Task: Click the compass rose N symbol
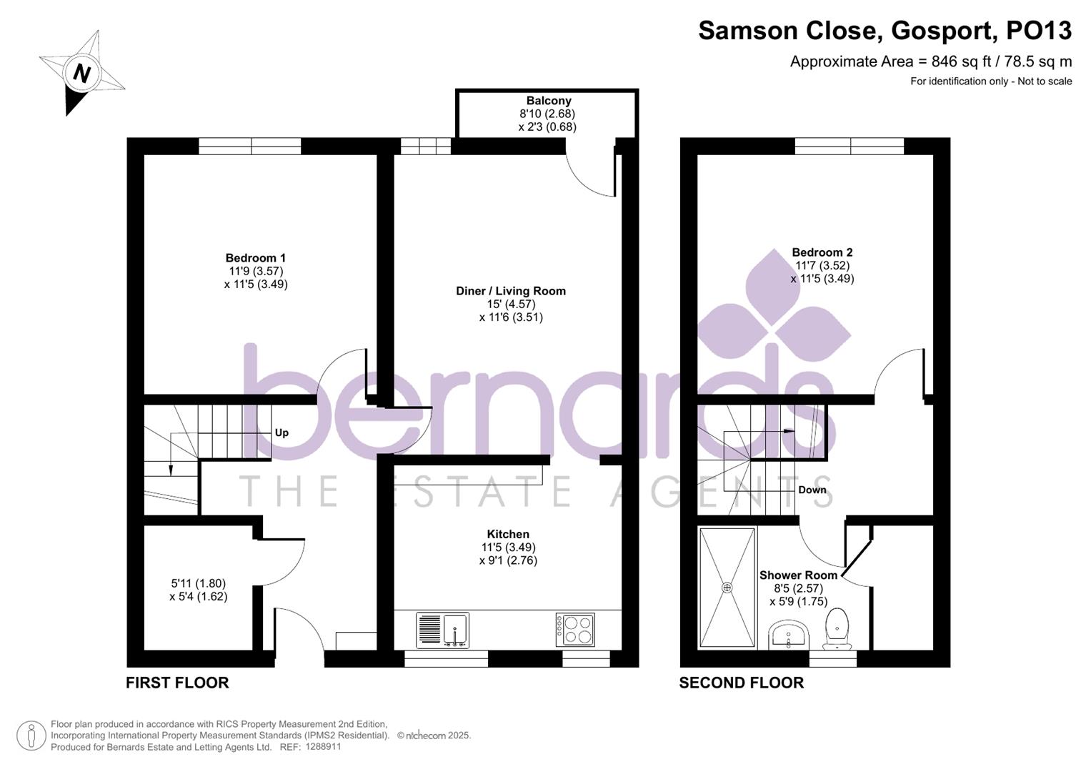[81, 73]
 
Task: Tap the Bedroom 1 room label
[256, 258]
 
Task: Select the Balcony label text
[549, 101]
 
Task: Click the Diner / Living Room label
[511, 291]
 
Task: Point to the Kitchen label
[508, 534]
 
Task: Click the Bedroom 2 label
[822, 252]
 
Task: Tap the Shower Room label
[798, 575]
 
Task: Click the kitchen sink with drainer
[442, 630]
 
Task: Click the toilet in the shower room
[837, 628]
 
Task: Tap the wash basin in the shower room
[789, 633]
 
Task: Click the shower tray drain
[727, 587]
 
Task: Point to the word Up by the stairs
[282, 432]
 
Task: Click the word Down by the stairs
[812, 490]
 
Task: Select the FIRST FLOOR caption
[177, 683]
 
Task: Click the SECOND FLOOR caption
[741, 683]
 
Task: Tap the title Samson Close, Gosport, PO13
[885, 31]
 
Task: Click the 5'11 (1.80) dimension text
[198, 583]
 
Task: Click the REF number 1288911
[323, 746]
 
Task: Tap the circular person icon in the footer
[31, 736]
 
